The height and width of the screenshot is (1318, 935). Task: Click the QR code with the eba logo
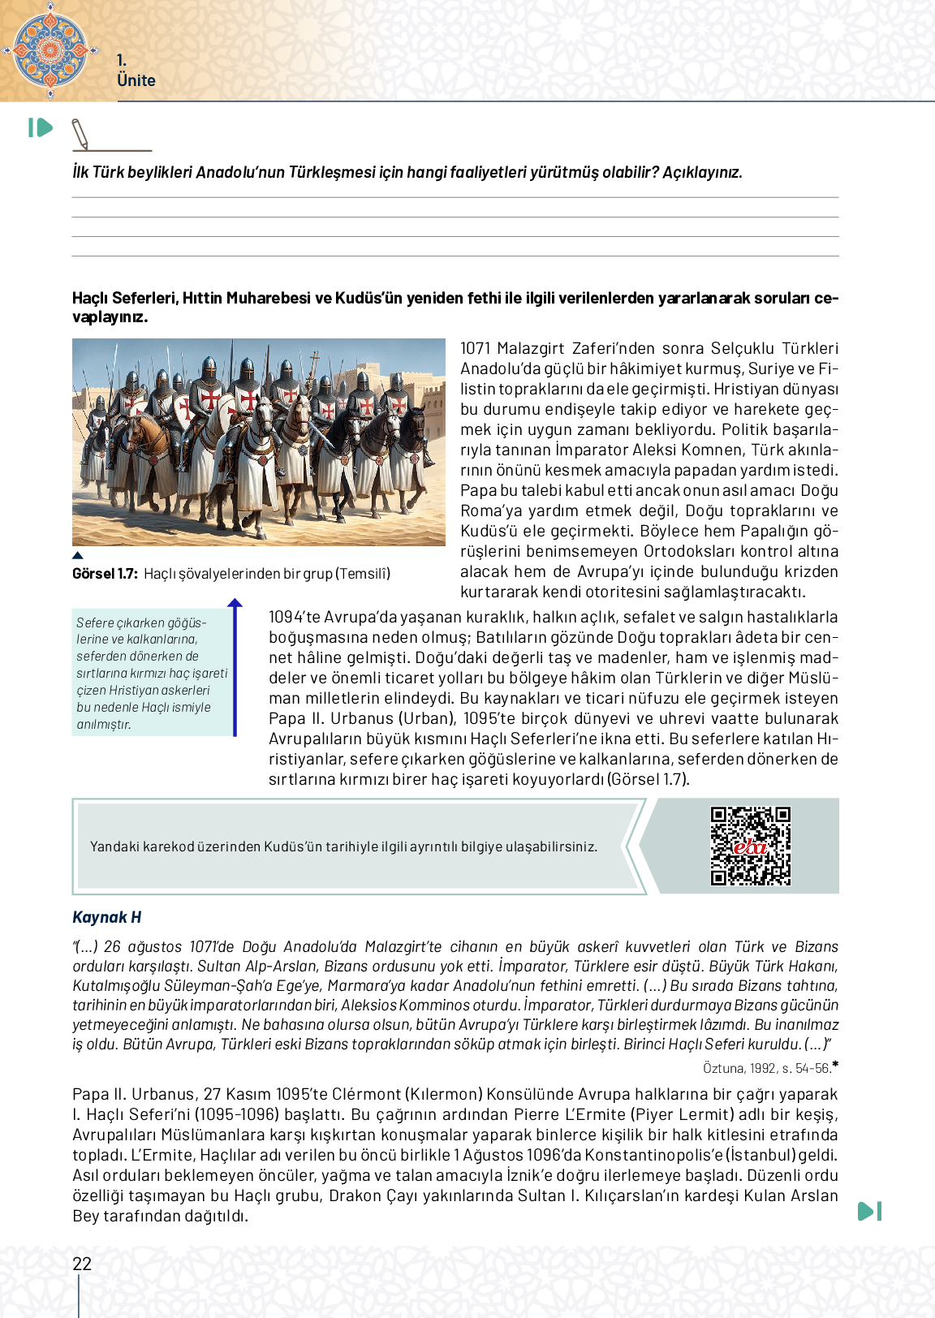[750, 846]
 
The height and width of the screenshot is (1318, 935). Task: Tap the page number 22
[82, 1264]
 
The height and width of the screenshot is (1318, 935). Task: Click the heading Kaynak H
[106, 917]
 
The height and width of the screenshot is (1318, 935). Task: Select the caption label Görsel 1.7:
[105, 574]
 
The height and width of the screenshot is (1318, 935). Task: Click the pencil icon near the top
[80, 134]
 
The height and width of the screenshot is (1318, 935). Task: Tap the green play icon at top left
[41, 127]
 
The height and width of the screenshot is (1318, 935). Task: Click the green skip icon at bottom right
[869, 1211]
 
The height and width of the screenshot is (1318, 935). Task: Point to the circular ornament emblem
[50, 50]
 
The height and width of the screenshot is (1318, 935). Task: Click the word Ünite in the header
[136, 80]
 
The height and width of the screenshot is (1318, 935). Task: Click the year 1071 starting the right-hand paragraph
[476, 348]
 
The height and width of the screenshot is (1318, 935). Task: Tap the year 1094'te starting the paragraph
[294, 617]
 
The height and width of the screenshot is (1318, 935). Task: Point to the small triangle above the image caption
[78, 556]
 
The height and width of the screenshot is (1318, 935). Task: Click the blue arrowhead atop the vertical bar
[235, 603]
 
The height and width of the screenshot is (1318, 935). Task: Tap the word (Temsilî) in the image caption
[364, 574]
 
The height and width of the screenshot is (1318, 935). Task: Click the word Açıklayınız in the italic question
[702, 172]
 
